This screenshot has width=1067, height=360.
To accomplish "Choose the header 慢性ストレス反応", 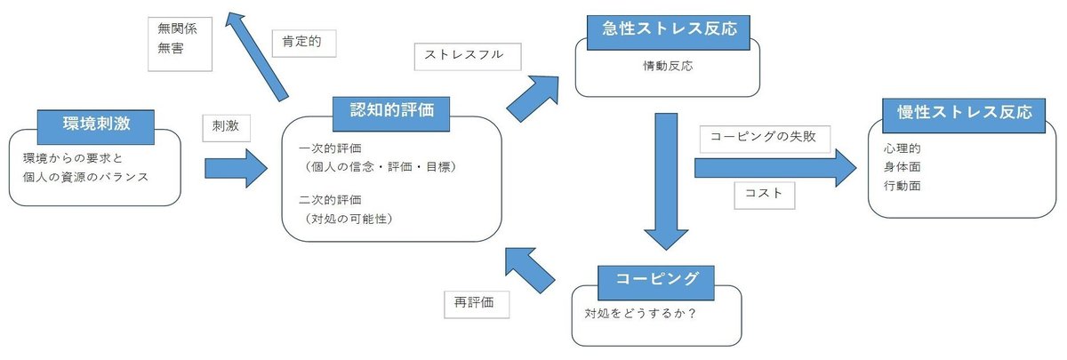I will point(963,114).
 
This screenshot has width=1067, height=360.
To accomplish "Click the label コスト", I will point(764,194).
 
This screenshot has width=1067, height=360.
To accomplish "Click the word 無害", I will point(172,48).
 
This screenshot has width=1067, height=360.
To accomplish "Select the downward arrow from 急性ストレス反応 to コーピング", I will point(665,182).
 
